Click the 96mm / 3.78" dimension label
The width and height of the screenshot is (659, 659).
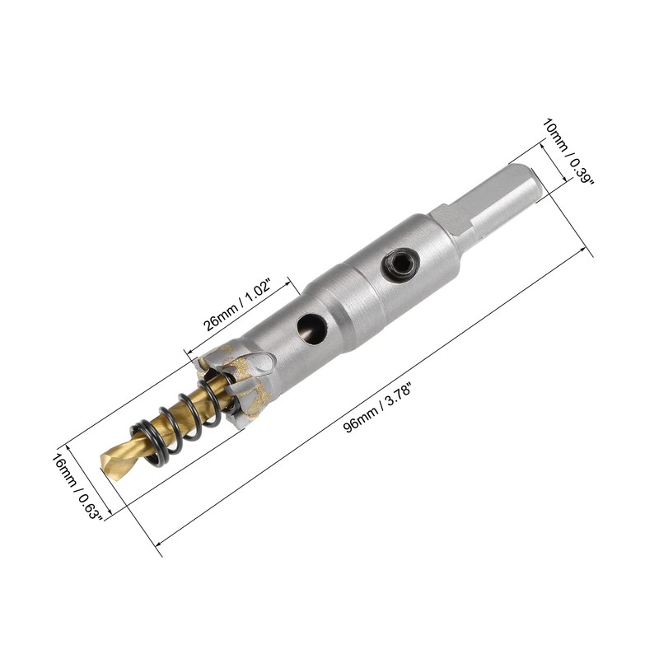377,409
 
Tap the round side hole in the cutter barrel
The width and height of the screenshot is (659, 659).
311,326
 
